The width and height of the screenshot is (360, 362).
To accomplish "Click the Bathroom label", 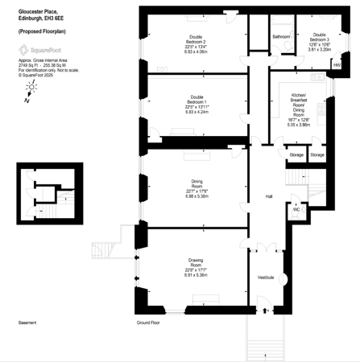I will click(281, 37).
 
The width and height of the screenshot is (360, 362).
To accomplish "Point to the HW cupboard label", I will click(336, 64).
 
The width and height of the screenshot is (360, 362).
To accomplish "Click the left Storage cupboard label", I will click(296, 154).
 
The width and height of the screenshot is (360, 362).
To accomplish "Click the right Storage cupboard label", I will click(317, 154).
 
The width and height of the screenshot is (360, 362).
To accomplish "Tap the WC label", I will click(296, 208).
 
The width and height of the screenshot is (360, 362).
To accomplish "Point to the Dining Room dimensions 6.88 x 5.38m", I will click(197, 195).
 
